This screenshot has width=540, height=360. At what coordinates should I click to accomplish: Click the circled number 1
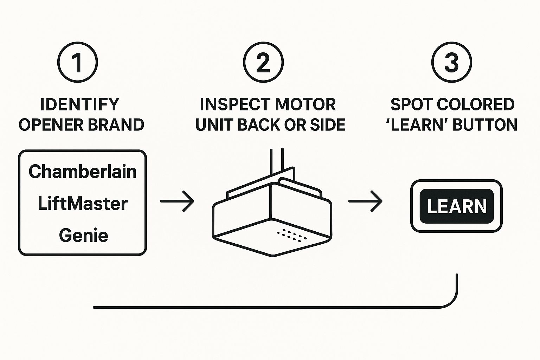tap(77, 62)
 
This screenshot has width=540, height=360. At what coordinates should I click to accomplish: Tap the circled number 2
tap(263, 62)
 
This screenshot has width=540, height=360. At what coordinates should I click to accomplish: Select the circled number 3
tap(451, 62)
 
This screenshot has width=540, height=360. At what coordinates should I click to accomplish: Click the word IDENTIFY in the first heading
tap(80, 104)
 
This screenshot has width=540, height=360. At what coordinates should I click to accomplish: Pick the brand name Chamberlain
tap(83, 172)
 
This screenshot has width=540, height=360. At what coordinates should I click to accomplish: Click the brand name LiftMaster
tap(83, 204)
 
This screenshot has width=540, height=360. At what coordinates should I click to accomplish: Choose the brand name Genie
tap(83, 235)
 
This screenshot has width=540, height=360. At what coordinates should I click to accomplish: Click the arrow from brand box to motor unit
tap(177, 201)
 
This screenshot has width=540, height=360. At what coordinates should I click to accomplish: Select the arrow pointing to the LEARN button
tap(365, 201)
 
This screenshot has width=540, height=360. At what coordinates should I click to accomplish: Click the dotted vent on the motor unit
tap(291, 235)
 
